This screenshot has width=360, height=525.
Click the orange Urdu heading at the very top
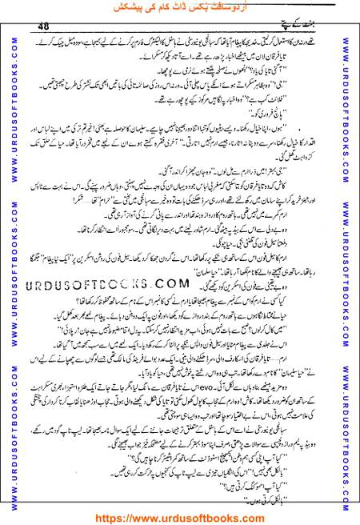(179, 7)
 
